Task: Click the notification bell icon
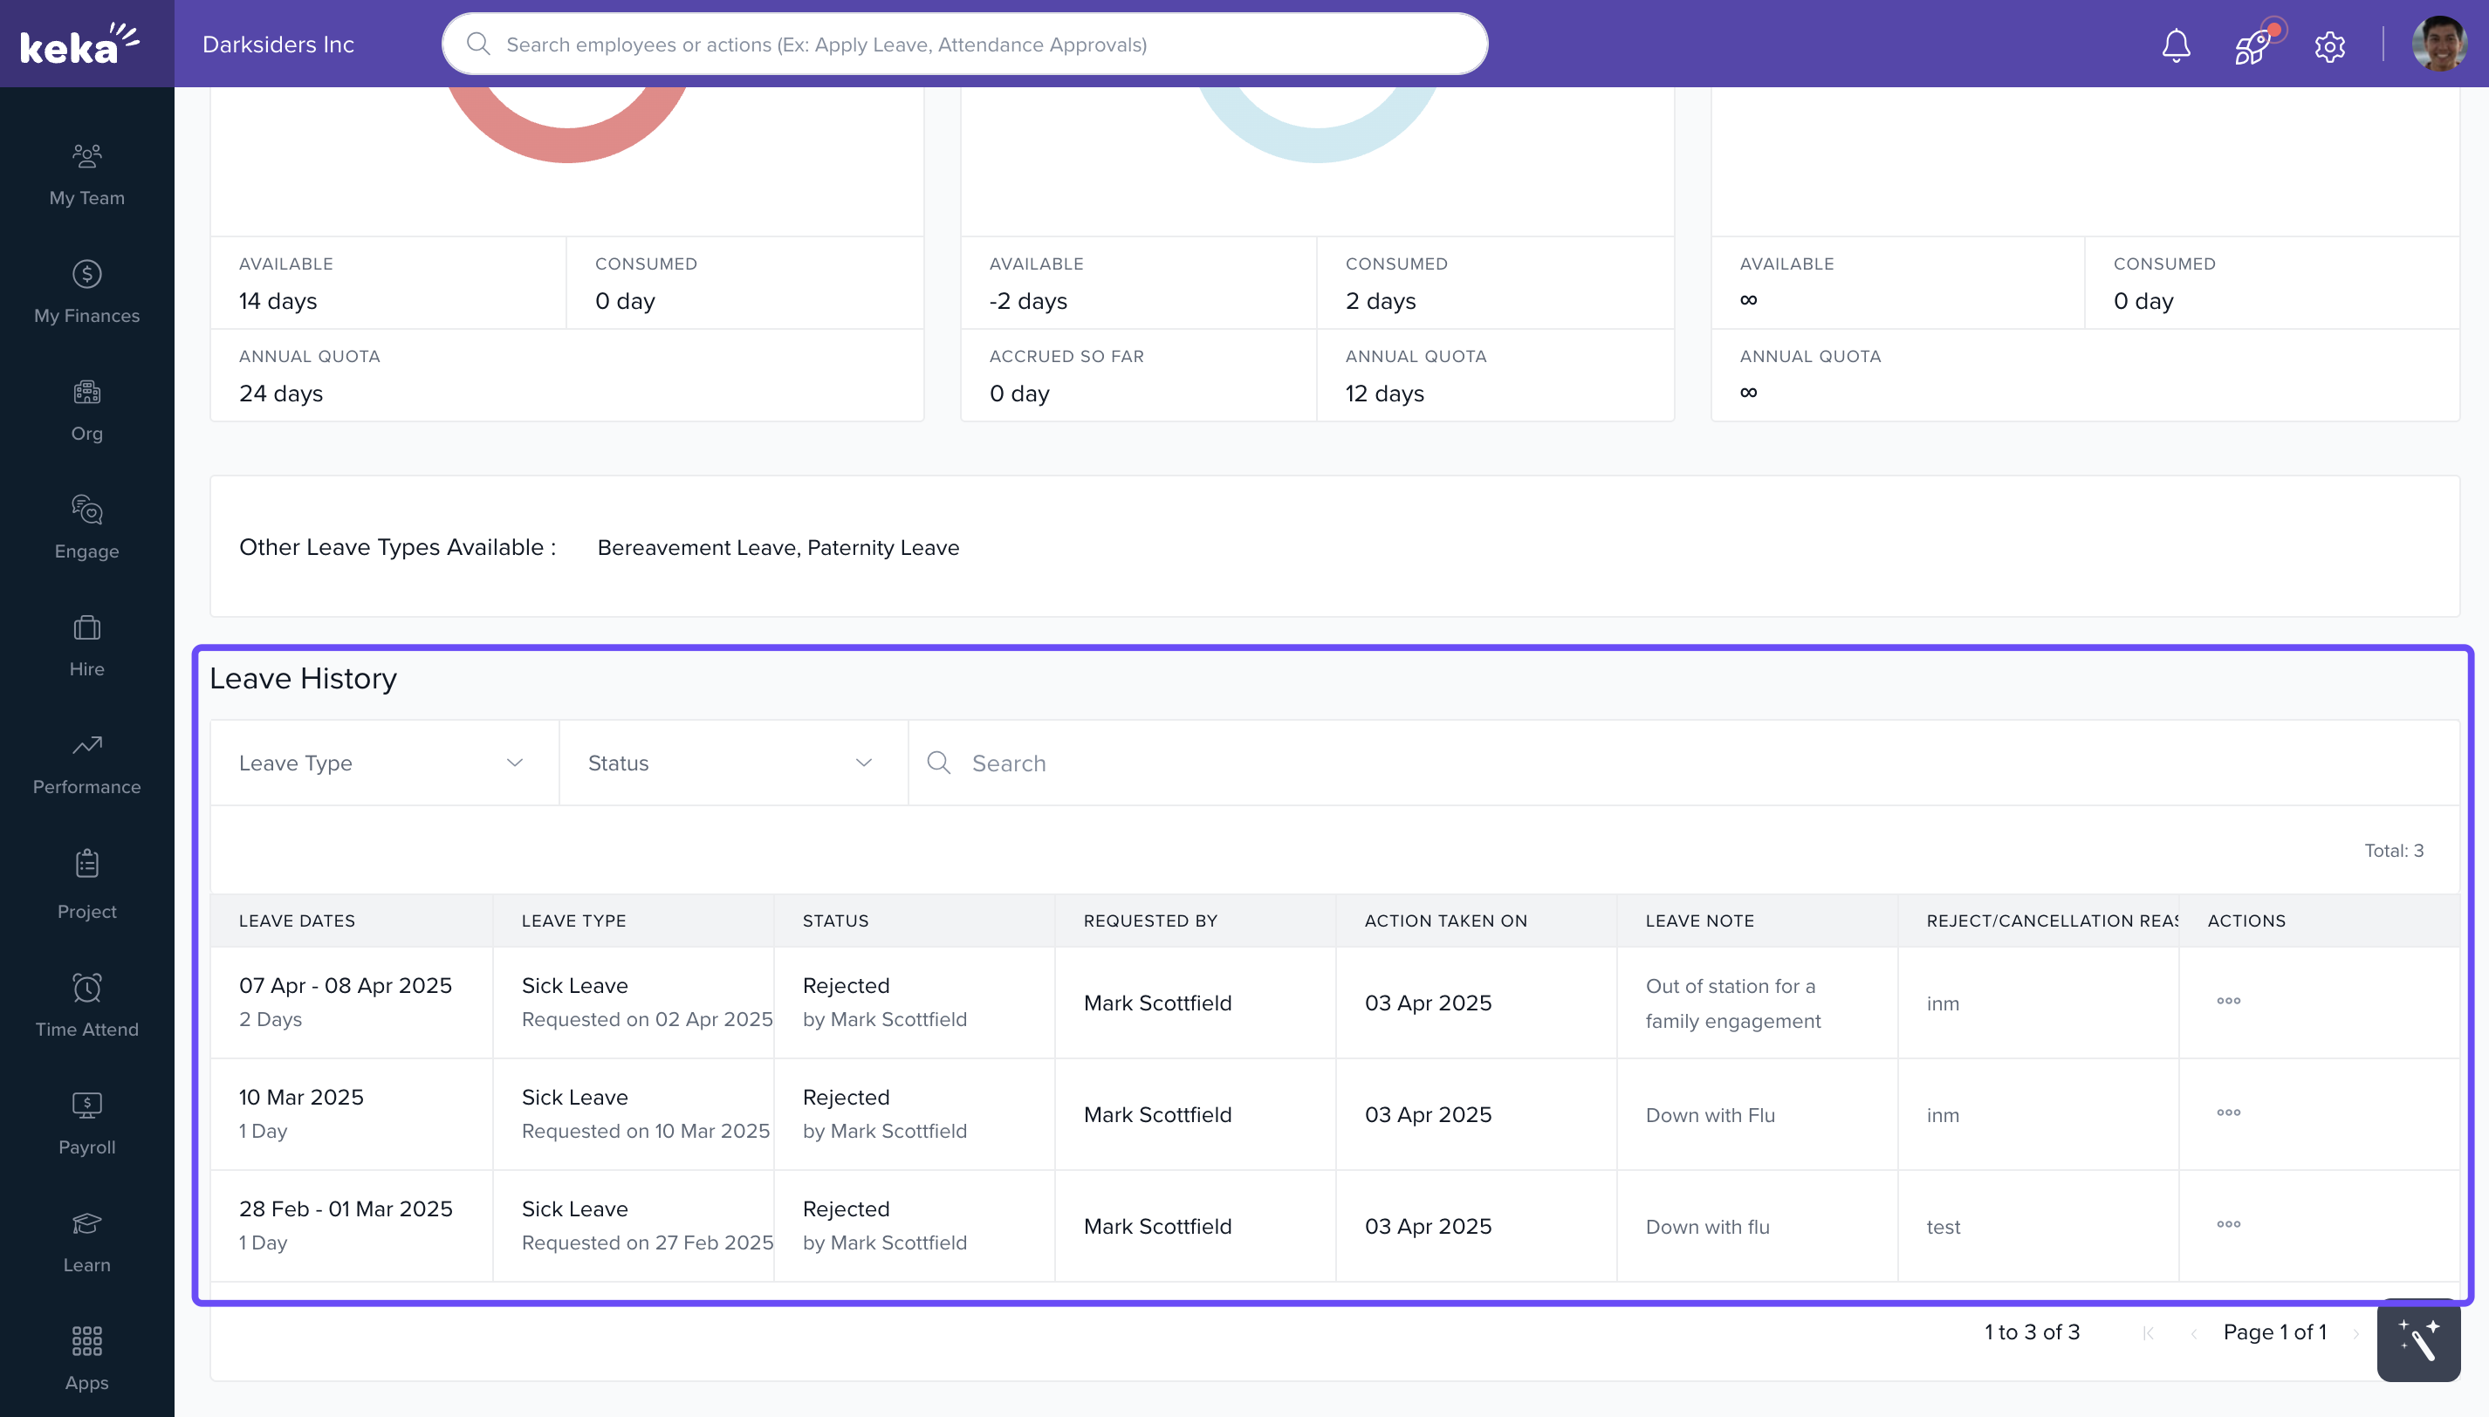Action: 2176,45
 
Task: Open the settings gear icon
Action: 2329,45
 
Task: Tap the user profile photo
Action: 2438,44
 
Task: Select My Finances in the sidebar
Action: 86,291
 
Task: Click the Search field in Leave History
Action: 1655,763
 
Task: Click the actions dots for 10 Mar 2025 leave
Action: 2228,1112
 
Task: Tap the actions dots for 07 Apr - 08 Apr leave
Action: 2228,1001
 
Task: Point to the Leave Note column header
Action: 1699,921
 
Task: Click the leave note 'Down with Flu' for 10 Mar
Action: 1711,1115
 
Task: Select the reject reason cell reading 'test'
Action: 1943,1227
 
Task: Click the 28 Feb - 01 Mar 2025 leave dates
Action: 346,1208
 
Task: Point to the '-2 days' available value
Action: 1028,301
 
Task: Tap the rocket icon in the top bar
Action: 2252,45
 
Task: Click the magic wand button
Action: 2418,1341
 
